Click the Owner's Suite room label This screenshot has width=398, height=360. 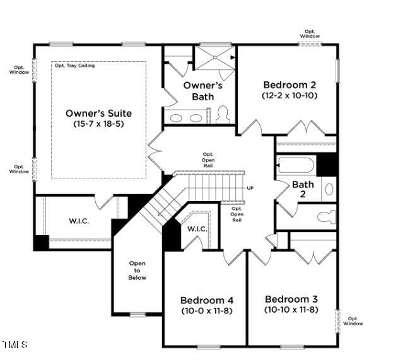[98, 113]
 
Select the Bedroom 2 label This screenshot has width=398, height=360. [290, 85]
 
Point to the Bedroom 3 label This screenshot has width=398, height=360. [291, 299]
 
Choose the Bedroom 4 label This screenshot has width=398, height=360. [206, 300]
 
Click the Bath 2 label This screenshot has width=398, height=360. [303, 189]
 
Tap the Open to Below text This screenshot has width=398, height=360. [137, 270]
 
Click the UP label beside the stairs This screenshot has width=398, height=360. [250, 189]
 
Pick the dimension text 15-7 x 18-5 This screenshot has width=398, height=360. [98, 124]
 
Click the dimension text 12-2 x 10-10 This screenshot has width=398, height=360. [290, 96]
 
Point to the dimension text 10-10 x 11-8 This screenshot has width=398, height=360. [291, 310]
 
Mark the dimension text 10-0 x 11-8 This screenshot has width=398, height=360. [206, 310]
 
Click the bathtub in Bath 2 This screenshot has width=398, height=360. [296, 166]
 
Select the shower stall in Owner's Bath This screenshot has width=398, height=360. [213, 58]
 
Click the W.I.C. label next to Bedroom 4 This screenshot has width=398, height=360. [197, 229]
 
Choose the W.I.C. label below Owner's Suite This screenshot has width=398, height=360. [81, 221]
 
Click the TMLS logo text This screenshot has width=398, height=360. [15, 345]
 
